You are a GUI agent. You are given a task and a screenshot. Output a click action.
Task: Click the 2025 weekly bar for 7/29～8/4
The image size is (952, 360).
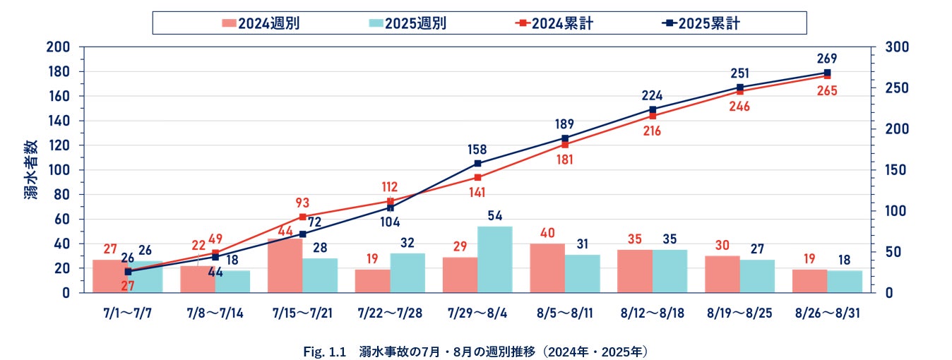(494, 259)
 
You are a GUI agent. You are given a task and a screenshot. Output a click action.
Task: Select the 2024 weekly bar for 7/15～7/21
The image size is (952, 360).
(285, 265)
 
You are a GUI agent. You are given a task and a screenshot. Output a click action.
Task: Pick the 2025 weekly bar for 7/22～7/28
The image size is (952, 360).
(407, 272)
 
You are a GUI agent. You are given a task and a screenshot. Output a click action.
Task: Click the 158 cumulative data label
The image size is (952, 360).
(477, 149)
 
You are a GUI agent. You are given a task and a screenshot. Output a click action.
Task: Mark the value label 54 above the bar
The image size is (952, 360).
(494, 215)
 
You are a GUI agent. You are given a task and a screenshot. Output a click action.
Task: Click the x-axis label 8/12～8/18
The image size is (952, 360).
(653, 312)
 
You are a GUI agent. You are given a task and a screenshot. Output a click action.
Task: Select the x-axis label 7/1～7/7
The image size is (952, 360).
(128, 312)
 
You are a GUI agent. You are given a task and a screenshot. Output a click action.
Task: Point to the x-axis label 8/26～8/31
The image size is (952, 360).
(827, 312)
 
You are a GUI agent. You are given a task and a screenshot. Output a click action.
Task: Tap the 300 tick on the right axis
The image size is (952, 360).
(886, 47)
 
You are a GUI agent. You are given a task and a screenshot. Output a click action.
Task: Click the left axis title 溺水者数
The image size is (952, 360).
(30, 169)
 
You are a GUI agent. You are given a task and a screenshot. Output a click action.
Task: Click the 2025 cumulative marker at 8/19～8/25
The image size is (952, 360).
(740, 88)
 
